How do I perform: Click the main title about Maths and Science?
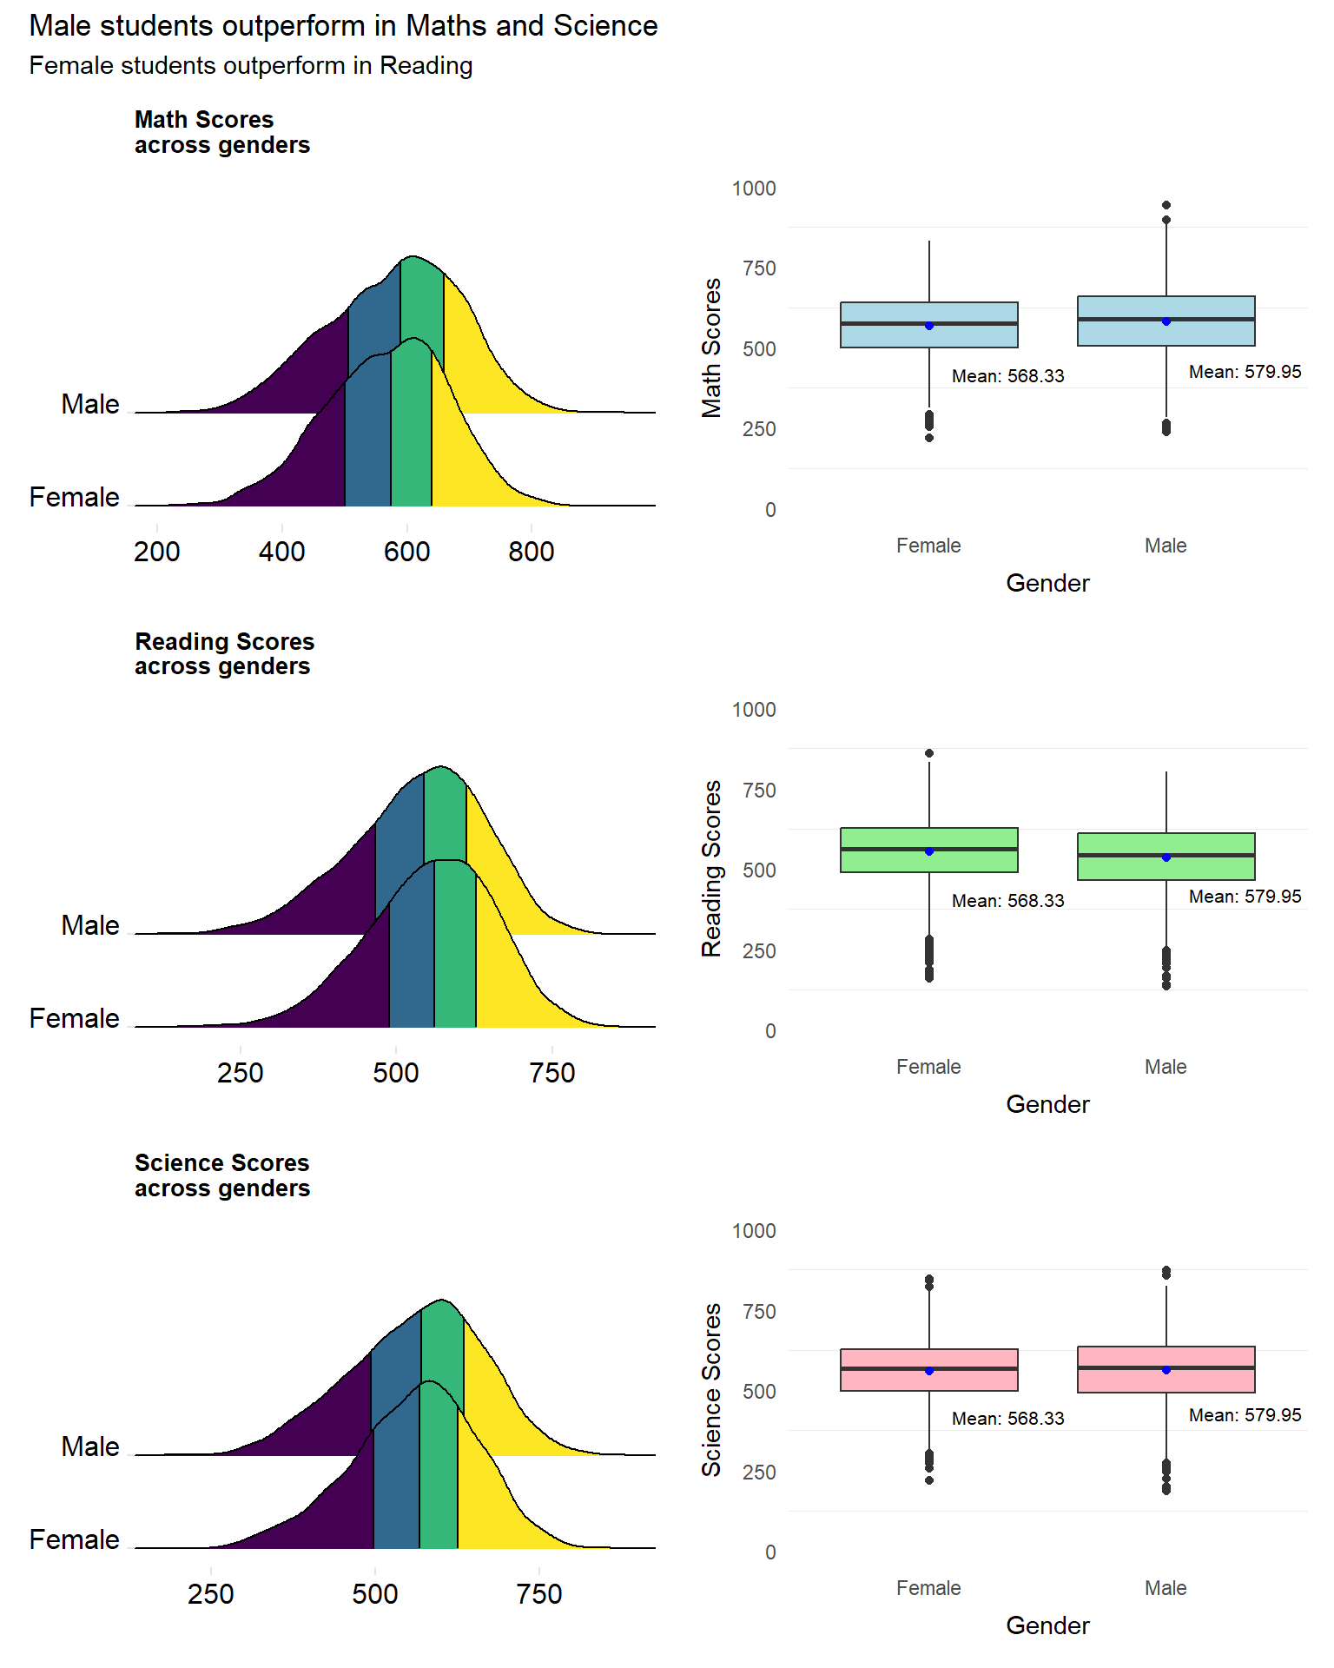(x=343, y=26)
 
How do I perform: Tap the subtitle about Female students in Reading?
(x=251, y=66)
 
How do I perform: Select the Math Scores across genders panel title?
(x=222, y=132)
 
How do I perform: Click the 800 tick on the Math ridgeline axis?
(x=532, y=552)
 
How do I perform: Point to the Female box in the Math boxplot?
(x=928, y=325)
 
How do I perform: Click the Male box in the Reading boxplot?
(x=1166, y=857)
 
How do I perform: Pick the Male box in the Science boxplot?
(x=1166, y=1369)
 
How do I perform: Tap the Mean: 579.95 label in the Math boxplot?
(x=1245, y=372)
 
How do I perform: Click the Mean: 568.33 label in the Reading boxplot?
(x=1007, y=901)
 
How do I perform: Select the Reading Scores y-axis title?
(x=712, y=869)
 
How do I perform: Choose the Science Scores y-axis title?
(x=712, y=1390)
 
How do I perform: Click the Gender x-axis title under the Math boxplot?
(x=1047, y=583)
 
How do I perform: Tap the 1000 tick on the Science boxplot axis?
(x=754, y=1231)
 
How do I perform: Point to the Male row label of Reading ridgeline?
(x=90, y=925)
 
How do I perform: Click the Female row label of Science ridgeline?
(x=75, y=1539)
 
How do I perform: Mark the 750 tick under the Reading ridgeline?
(x=552, y=1073)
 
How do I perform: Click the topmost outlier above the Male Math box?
(x=1166, y=206)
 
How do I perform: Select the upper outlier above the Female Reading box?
(x=929, y=753)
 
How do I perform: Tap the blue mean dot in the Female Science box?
(x=929, y=1371)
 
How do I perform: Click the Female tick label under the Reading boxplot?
(x=928, y=1067)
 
